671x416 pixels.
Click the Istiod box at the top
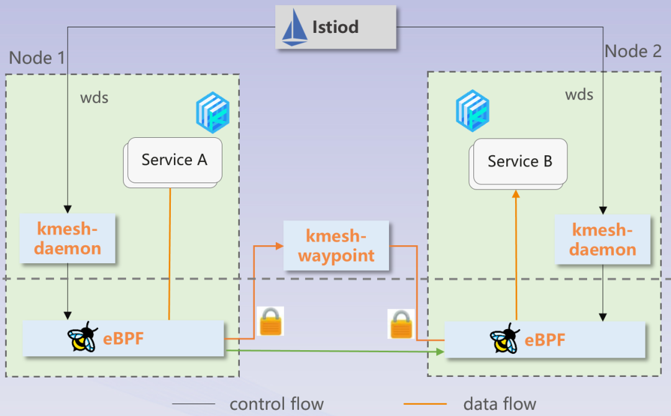click(x=336, y=27)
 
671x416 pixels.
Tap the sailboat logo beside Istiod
click(x=295, y=28)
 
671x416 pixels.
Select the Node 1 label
click(x=37, y=58)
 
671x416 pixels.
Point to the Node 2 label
click(x=633, y=52)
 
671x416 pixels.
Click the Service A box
click(x=175, y=160)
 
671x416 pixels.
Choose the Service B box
click(x=520, y=162)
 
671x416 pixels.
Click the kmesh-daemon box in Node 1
click(x=68, y=239)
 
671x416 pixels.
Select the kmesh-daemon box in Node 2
click(x=603, y=240)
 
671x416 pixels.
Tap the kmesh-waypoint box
click(x=336, y=246)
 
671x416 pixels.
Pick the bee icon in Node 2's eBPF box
click(x=504, y=339)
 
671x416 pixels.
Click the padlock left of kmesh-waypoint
click(x=271, y=322)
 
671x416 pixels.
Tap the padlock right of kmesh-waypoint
click(x=401, y=323)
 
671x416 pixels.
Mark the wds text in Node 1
click(x=94, y=98)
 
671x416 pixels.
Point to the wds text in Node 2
click(x=578, y=95)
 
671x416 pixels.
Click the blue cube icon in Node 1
click(x=213, y=112)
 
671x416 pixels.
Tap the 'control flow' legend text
click(x=276, y=404)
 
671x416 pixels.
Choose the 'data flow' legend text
click(x=500, y=404)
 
